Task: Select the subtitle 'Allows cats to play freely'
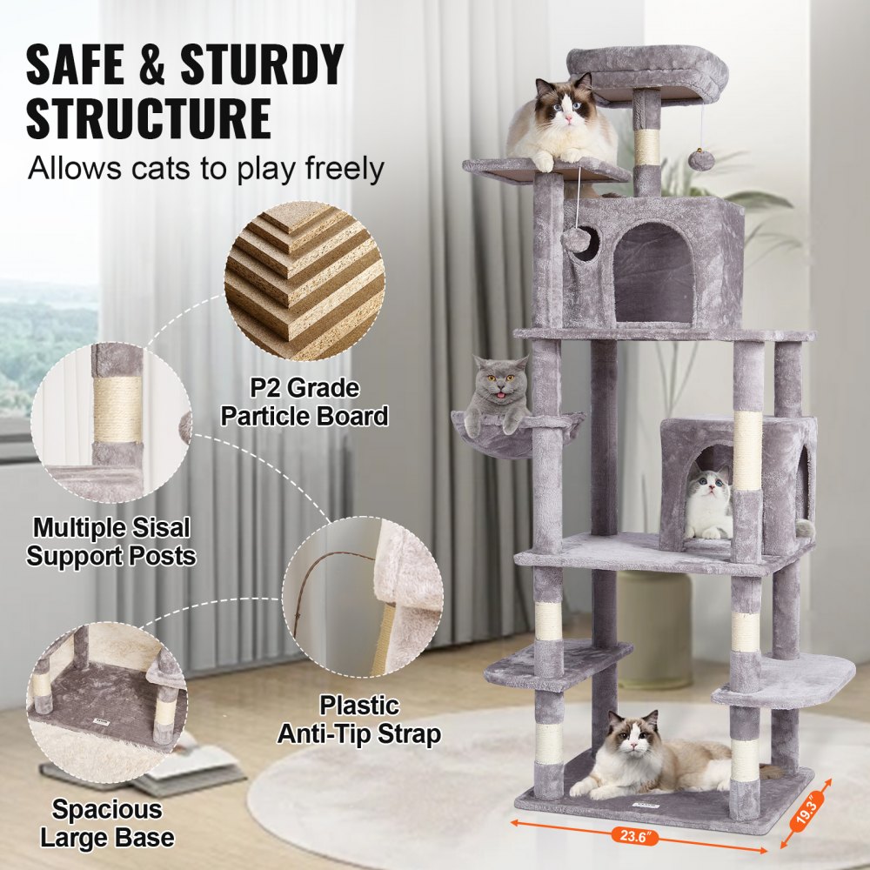[205, 168]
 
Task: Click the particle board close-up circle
[304, 280]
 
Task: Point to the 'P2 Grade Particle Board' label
[304, 402]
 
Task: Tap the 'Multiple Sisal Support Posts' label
[110, 541]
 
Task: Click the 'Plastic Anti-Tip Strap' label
[358, 719]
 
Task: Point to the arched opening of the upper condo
[653, 273]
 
